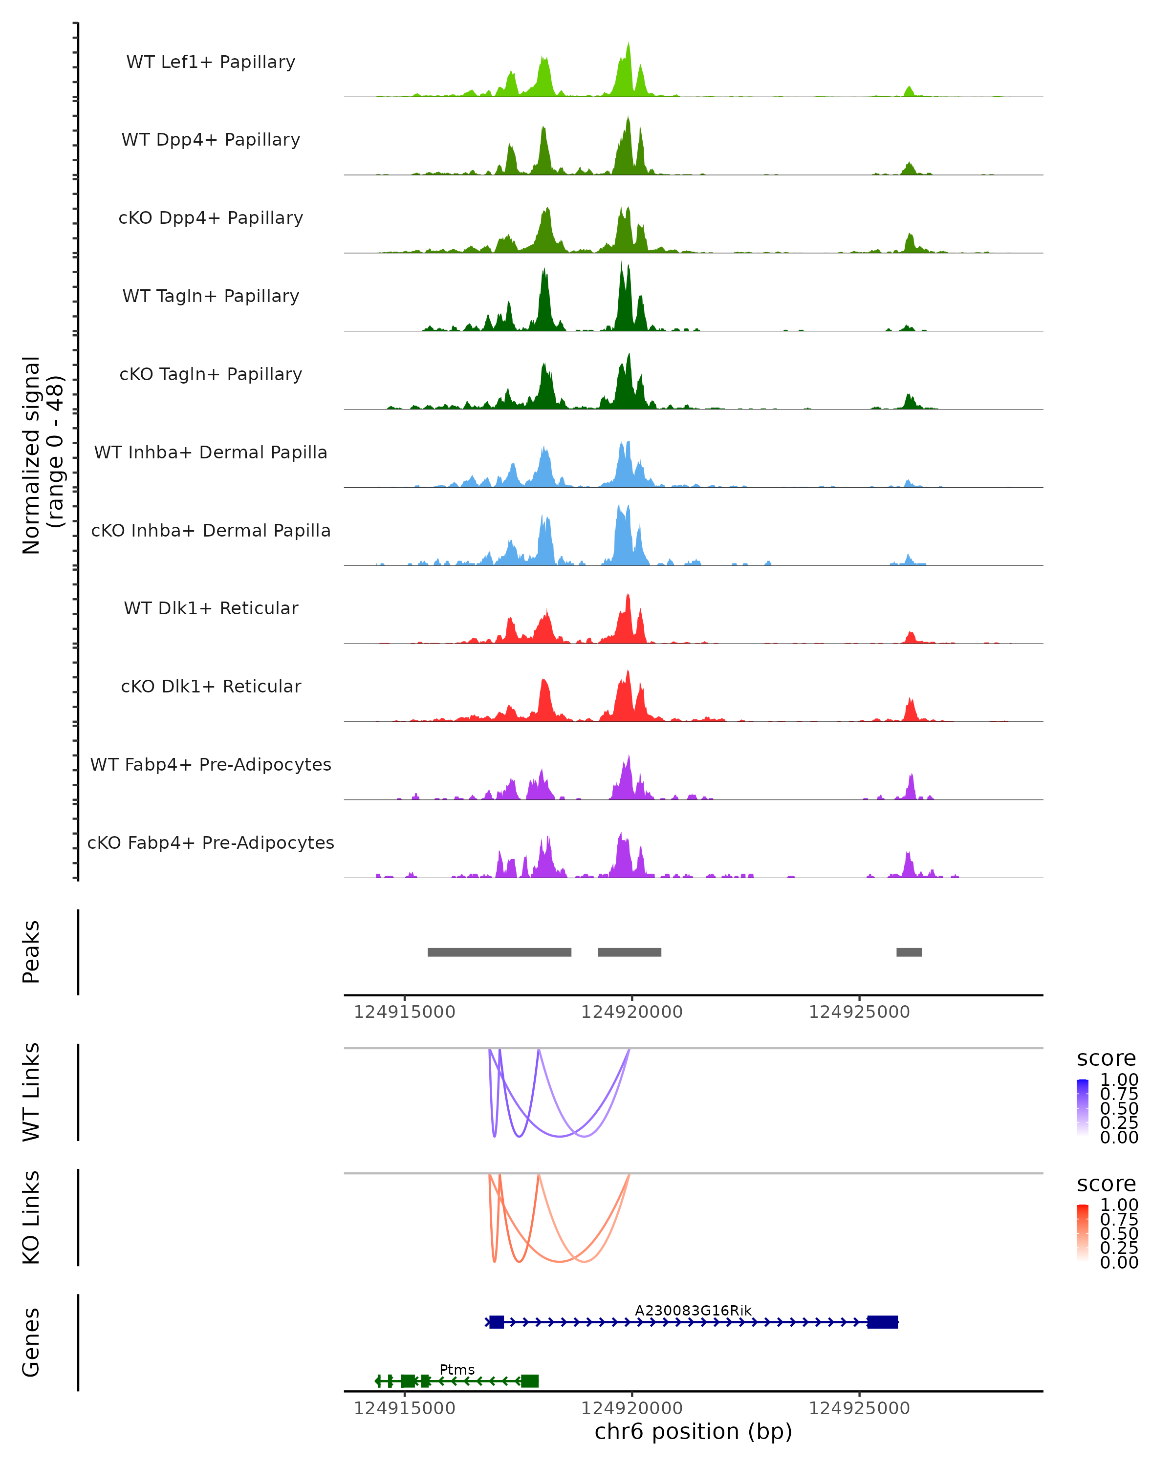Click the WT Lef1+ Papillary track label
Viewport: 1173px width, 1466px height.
point(211,62)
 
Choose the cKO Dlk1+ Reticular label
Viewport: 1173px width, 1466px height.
point(211,686)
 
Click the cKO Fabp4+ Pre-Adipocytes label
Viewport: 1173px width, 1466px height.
point(211,842)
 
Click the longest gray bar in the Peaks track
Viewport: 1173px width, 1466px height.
point(499,952)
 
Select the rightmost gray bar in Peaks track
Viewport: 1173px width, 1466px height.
point(909,952)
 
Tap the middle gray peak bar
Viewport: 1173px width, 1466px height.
point(629,952)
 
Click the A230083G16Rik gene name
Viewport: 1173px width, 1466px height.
point(693,1310)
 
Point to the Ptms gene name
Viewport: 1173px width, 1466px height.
point(457,1369)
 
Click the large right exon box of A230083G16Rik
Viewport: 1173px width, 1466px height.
point(882,1322)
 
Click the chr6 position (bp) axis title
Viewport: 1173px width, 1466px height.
point(693,1431)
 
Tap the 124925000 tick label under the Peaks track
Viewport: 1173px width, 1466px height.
point(859,1012)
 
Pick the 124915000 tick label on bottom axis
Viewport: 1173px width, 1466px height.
point(405,1408)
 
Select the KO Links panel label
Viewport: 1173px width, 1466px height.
point(31,1218)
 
